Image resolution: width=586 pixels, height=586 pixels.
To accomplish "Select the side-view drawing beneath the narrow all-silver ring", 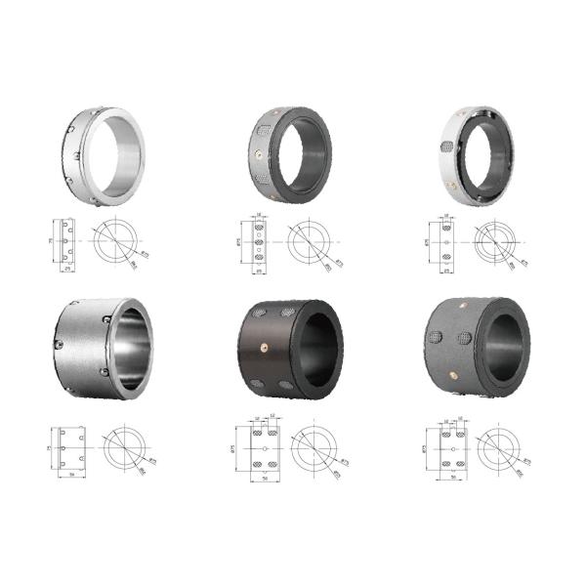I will click(64, 240).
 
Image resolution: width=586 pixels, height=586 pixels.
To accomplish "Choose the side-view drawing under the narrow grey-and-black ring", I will click(259, 241).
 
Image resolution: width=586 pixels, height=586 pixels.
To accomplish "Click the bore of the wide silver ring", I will click(134, 350).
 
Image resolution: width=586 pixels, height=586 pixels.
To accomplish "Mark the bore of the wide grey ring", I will click(505, 348).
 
